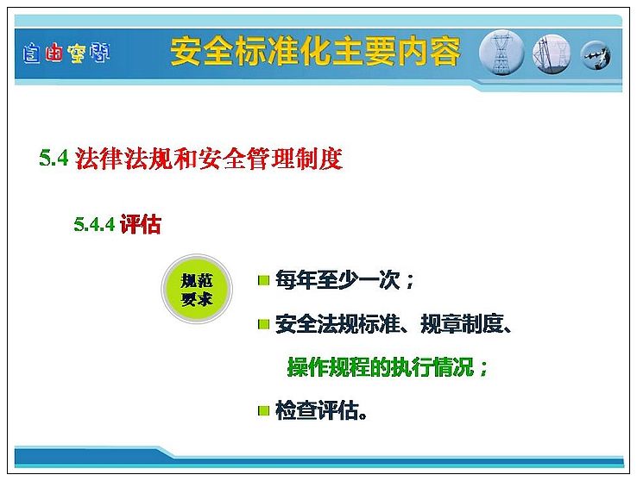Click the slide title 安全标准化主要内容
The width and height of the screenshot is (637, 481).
tap(315, 52)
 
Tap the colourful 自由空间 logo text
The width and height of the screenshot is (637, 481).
tap(66, 53)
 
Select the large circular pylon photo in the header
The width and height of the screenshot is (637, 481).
tap(501, 53)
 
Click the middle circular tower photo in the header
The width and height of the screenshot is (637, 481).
tap(552, 54)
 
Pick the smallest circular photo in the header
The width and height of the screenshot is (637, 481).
tap(596, 55)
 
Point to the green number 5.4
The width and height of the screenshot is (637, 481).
tap(54, 158)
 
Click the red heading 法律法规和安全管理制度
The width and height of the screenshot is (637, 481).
tap(209, 158)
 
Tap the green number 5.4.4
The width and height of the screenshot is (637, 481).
tap(94, 224)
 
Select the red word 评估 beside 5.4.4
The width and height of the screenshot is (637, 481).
tap(141, 224)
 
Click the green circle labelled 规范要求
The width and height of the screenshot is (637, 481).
tap(197, 289)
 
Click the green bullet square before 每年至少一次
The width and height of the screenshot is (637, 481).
tap(263, 280)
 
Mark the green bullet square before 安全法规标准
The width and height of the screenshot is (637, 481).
tap(263, 324)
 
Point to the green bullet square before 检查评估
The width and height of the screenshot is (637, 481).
tap(263, 411)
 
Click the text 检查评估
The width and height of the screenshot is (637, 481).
tap(317, 410)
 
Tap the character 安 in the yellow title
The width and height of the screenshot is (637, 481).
tap(186, 52)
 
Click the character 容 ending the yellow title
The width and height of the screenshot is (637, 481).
tap(445, 52)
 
